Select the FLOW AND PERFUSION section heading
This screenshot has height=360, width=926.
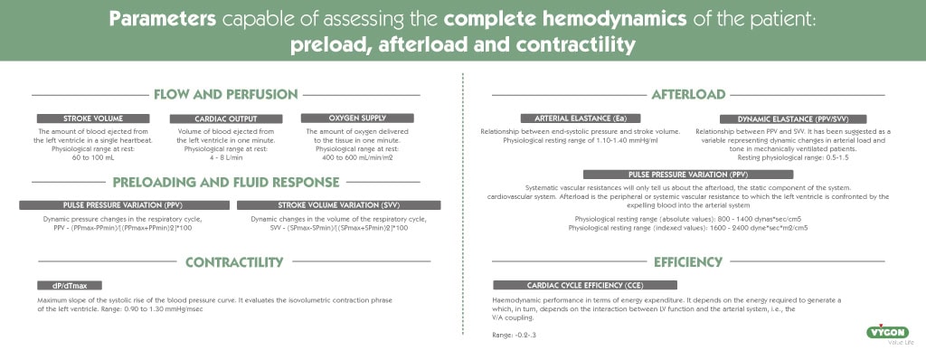coord(226,94)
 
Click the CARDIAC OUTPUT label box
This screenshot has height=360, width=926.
coord(226,118)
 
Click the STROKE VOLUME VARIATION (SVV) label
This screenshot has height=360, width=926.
coord(338,205)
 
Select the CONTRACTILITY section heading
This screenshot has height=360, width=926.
coord(234,262)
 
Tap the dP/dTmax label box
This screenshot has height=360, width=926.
coord(56,286)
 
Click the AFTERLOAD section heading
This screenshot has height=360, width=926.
coord(688,94)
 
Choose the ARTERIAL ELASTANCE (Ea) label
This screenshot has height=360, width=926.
coord(567,118)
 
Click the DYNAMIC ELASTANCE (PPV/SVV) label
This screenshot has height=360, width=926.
coord(793,118)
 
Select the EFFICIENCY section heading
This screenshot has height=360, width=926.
coord(688,262)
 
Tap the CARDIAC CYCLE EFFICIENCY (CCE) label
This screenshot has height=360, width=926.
coord(560,286)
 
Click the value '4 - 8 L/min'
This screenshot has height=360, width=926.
coord(225,158)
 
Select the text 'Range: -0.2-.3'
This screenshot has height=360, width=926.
coord(515,335)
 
